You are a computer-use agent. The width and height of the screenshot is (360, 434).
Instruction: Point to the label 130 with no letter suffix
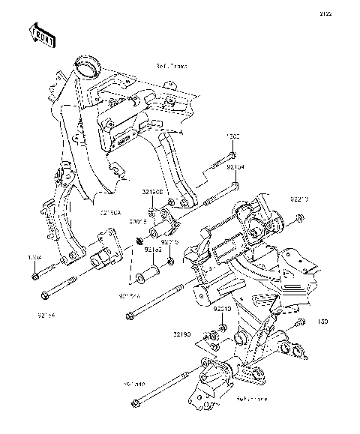point(323,322)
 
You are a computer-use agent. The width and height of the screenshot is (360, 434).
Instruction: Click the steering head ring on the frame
point(88,64)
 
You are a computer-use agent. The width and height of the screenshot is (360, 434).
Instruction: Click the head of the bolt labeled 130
point(301,323)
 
